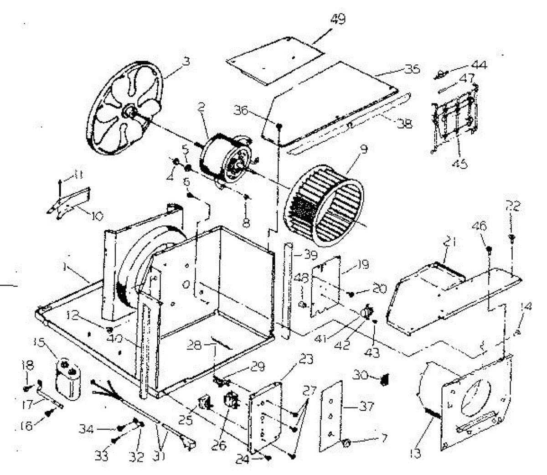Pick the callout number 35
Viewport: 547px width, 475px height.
(412, 69)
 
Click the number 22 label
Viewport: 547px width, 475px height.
(513, 206)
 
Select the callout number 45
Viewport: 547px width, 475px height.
(461, 163)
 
